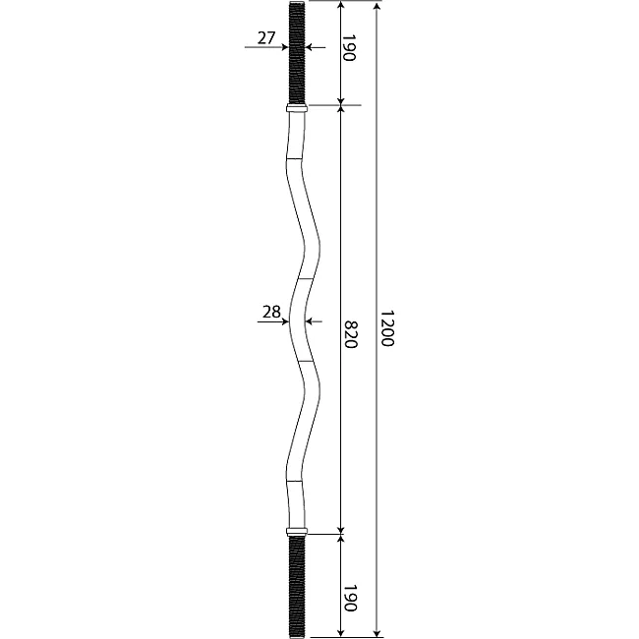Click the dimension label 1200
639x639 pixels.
pyautogui.click(x=387, y=328)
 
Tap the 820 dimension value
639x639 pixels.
pyautogui.click(x=351, y=334)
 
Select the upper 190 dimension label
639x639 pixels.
pyautogui.click(x=349, y=48)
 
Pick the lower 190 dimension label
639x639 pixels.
pyautogui.click(x=350, y=599)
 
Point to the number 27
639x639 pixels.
pyautogui.click(x=266, y=38)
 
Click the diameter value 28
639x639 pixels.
pyautogui.click(x=271, y=313)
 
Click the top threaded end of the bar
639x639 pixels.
pyautogui.click(x=297, y=53)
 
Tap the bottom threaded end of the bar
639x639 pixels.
pyautogui.click(x=297, y=587)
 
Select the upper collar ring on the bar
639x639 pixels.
pyautogui.click(x=297, y=108)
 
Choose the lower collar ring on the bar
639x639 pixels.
pyautogui.click(x=297, y=532)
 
